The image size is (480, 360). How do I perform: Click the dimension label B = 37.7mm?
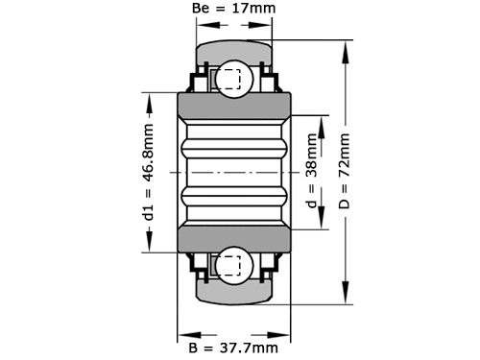234,347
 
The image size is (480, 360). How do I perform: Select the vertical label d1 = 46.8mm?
149,172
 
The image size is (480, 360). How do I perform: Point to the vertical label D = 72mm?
345,172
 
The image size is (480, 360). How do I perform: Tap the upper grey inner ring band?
233,106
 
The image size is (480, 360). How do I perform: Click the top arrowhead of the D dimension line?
345,45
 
